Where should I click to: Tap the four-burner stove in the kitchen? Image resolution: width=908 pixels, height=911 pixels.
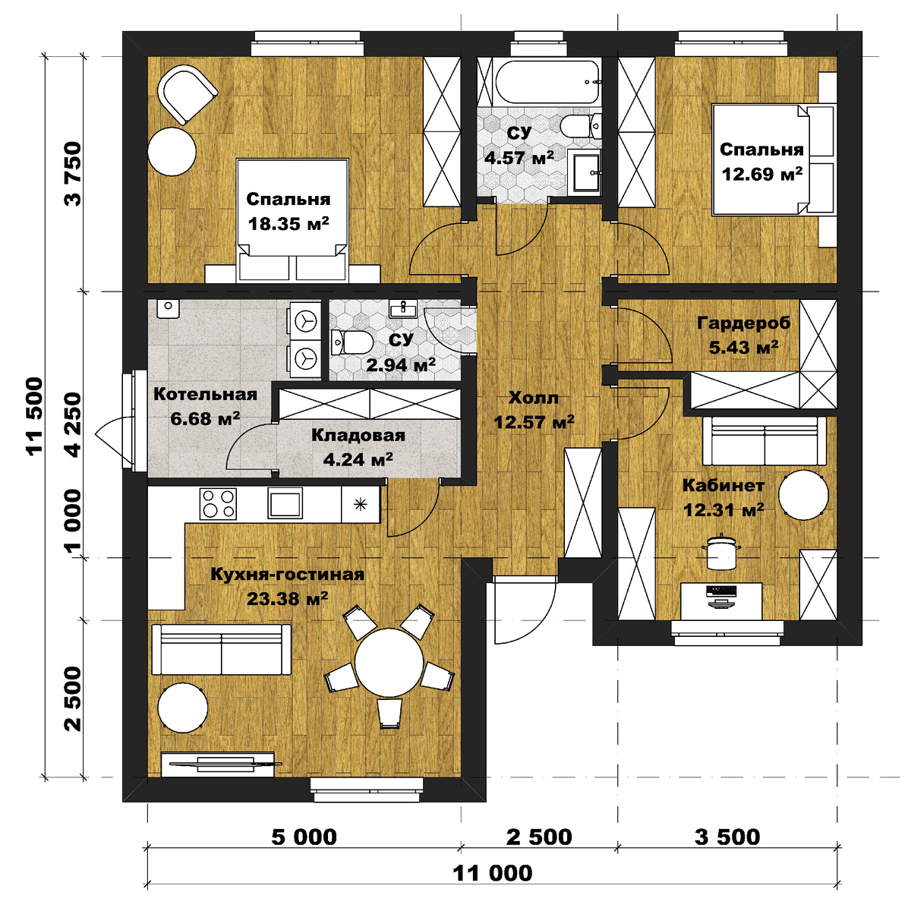pos(218,504)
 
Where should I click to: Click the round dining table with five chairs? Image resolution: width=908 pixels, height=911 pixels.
pos(389,662)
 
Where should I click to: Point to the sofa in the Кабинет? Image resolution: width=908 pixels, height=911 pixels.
pos(765,441)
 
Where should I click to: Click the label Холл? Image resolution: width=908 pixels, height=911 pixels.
pos(534,398)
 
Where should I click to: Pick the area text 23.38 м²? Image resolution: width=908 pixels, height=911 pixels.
pos(288,599)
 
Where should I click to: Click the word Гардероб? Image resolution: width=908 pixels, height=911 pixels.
pos(744,323)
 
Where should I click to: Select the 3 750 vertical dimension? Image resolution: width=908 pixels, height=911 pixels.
pos(74,174)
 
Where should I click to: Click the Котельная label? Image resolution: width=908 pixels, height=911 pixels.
pos(205,394)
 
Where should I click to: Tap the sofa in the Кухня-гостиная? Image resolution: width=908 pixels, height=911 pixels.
pos(221,649)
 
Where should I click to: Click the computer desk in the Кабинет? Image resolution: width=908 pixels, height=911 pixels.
pos(721,601)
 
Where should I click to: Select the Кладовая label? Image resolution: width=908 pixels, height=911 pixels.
pos(358,436)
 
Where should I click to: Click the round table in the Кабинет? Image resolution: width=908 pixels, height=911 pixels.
pos(803,495)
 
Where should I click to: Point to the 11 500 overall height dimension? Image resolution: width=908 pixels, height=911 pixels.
pos(36,416)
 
